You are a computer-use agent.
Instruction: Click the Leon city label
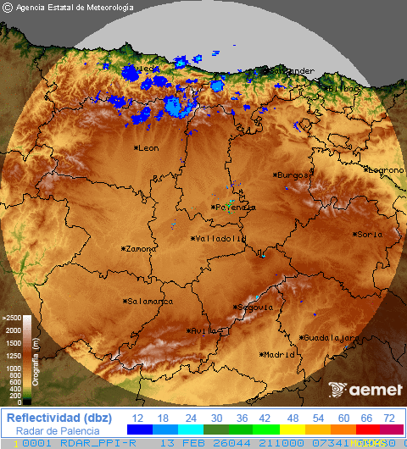click(x=148, y=148)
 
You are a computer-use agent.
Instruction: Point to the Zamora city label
click(x=141, y=249)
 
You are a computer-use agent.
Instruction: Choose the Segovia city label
click(x=254, y=307)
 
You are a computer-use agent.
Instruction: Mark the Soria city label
click(x=369, y=235)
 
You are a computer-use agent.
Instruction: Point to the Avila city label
click(x=204, y=331)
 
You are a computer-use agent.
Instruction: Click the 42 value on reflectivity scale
click(x=265, y=418)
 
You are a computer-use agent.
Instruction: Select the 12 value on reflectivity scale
click(x=137, y=418)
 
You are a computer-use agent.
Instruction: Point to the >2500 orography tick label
click(x=12, y=319)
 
